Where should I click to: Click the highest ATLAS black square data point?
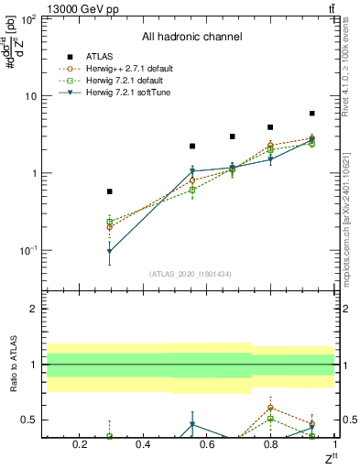(x=312, y=114)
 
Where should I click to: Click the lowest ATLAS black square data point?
(x=110, y=191)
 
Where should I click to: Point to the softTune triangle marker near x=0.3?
(x=110, y=251)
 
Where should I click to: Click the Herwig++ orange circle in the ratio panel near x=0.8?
(x=270, y=407)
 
